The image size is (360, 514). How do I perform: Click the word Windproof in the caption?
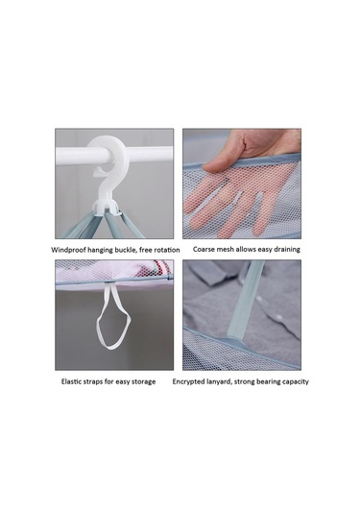click(68, 250)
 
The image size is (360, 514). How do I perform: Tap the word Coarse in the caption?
click(204, 250)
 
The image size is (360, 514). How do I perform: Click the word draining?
click(286, 250)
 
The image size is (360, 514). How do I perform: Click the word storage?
click(142, 381)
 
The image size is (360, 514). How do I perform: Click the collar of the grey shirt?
click(209, 275)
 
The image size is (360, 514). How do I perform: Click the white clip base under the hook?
click(108, 208)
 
